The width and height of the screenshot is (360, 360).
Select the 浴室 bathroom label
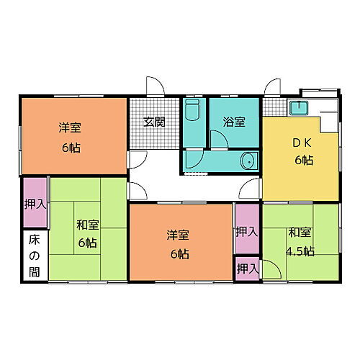tap(234, 122)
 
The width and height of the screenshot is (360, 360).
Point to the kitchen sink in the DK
tap(298, 110)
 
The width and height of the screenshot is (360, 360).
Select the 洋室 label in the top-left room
tap(70, 128)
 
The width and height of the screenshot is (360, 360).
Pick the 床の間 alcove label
tap(35, 256)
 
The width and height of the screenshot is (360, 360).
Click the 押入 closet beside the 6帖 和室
tap(34, 204)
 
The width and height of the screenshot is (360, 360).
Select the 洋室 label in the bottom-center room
tap(179, 235)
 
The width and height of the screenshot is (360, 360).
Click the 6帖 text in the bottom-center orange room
tap(179, 253)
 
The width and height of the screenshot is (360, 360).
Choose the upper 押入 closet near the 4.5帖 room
tap(246, 232)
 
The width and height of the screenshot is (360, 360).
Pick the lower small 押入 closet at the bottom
tap(246, 268)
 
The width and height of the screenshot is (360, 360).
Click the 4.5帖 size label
tap(300, 251)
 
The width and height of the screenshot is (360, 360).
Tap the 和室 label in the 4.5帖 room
tap(300, 233)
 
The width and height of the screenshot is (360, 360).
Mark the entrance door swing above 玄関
tap(154, 86)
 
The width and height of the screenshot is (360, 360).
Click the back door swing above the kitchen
tap(272, 88)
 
